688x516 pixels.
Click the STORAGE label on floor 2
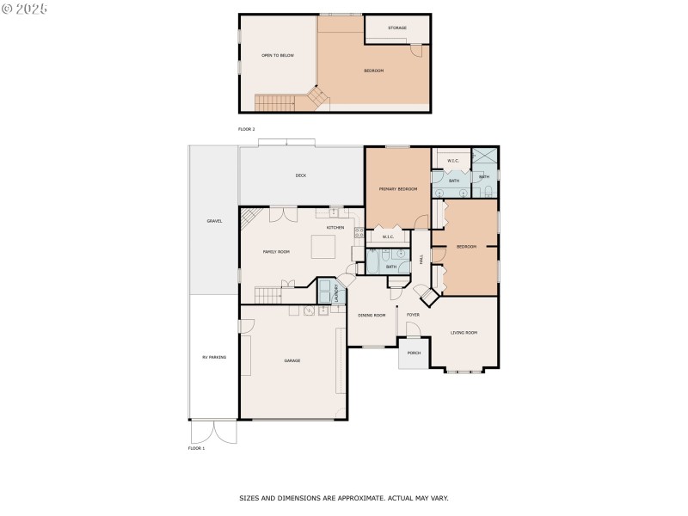pos(397,28)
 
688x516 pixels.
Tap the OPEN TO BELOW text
pos(278,55)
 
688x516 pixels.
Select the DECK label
pos(301,175)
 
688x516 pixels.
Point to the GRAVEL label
pos(214,221)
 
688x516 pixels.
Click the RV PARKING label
pos(213,357)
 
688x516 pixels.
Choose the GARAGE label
pos(292,360)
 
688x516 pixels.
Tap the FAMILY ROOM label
pos(276,252)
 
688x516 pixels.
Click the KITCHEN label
pos(335,228)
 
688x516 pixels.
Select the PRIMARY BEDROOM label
pos(398,188)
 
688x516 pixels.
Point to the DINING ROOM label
pos(372,316)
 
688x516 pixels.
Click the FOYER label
pos(413,315)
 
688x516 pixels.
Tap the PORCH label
pos(414,353)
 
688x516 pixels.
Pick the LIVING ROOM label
pos(464,332)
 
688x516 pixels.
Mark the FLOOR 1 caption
pos(197,448)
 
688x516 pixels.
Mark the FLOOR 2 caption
pos(247,129)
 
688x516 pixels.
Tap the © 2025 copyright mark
pos(25,8)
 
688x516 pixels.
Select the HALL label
pos(421,257)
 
